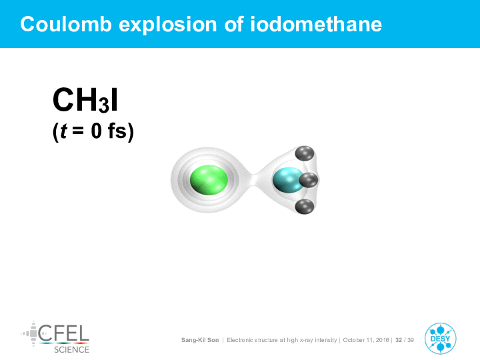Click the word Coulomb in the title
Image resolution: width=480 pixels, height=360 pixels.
pyautogui.click(x=66, y=24)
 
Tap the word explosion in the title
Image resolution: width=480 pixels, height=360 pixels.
pyautogui.click(x=168, y=25)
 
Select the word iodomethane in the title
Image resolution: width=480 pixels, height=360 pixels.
pyautogui.click(x=316, y=24)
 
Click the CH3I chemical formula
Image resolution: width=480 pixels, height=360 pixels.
pyautogui.click(x=85, y=100)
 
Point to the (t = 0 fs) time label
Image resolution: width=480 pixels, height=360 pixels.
pyautogui.click(x=93, y=131)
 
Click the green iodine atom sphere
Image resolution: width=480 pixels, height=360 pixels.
pyautogui.click(x=209, y=180)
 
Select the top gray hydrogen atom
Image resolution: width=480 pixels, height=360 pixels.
pyautogui.click(x=305, y=154)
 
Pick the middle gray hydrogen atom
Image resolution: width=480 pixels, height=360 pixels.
pyautogui.click(x=309, y=180)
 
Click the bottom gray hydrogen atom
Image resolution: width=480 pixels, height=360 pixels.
pyautogui.click(x=305, y=207)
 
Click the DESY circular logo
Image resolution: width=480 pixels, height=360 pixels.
pyautogui.click(x=440, y=339)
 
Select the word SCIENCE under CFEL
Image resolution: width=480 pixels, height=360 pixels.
pyautogui.click(x=71, y=349)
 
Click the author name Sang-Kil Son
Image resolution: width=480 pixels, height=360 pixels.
pyautogui.click(x=200, y=340)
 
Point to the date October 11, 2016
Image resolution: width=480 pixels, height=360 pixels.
pyautogui.click(x=366, y=340)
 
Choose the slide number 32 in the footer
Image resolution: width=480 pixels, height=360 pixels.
pyautogui.click(x=399, y=340)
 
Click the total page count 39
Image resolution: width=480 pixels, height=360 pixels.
pyautogui.click(x=411, y=340)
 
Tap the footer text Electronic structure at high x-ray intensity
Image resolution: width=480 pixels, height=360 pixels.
pyautogui.click(x=281, y=340)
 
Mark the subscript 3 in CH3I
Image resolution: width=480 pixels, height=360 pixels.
pyautogui.click(x=104, y=105)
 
